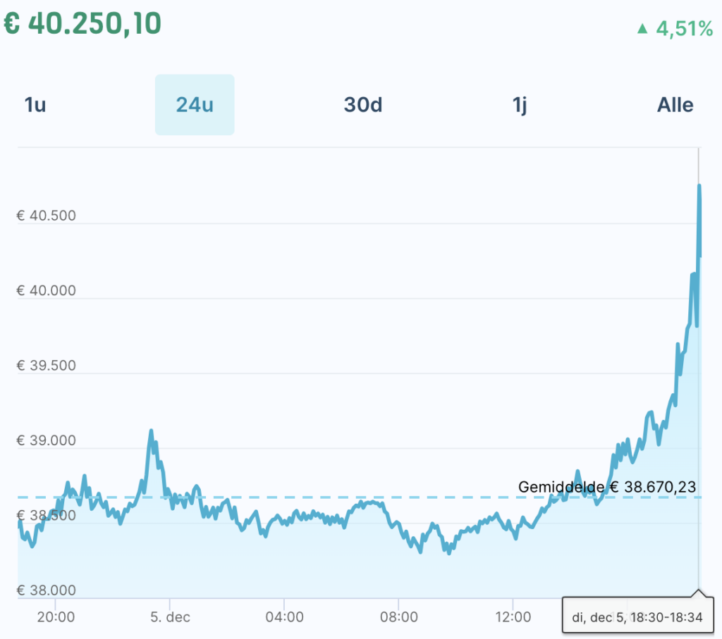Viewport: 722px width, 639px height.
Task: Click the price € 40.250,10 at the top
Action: point(82,23)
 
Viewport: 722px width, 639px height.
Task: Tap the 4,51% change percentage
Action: point(684,29)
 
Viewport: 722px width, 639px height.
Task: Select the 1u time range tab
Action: point(35,105)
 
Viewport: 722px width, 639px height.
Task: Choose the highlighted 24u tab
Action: point(195,105)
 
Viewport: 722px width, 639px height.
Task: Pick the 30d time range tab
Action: point(363,105)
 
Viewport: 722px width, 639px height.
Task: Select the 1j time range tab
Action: point(520,105)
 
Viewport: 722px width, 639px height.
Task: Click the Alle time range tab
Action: point(675,105)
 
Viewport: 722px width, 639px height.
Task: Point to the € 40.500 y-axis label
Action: point(46,216)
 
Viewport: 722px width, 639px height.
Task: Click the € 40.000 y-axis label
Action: point(46,291)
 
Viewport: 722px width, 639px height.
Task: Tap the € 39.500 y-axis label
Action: point(46,366)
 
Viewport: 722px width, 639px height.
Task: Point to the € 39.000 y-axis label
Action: point(46,441)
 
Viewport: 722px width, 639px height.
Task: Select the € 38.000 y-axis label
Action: point(46,590)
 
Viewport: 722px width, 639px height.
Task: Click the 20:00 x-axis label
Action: point(56,617)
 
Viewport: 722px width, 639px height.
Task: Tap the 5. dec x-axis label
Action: point(170,617)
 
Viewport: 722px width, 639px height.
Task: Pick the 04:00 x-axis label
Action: point(284,617)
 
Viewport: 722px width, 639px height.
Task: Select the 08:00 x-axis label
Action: point(398,617)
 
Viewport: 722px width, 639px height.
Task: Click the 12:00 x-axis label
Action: point(513,617)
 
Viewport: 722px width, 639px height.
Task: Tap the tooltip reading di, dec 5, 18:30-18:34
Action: point(637,617)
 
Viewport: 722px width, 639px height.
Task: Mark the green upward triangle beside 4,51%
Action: point(642,29)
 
